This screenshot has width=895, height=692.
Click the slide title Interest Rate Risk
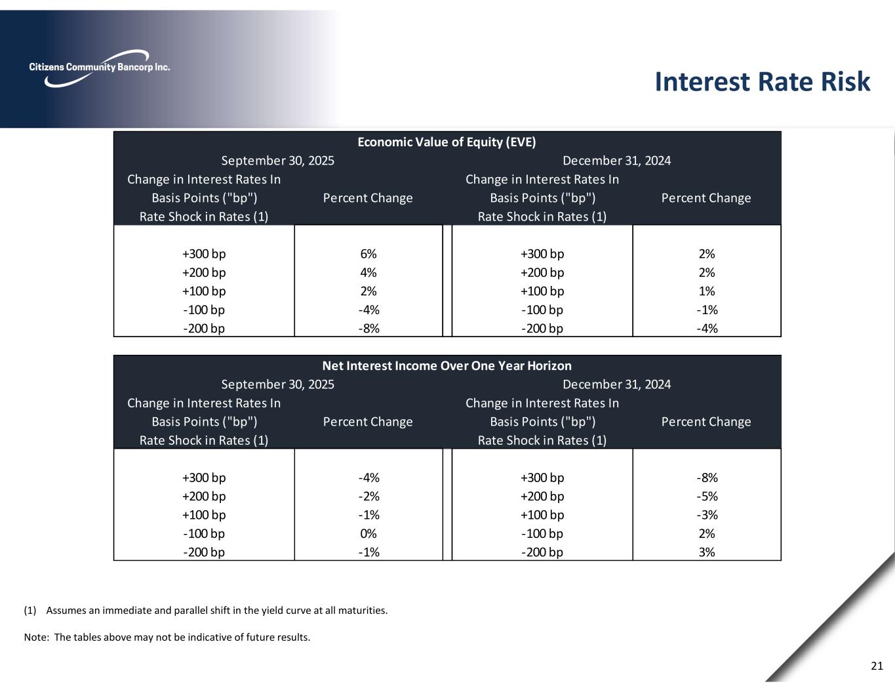(x=762, y=82)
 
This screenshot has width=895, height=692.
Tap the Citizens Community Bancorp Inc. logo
(x=100, y=68)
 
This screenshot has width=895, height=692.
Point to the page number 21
(x=877, y=666)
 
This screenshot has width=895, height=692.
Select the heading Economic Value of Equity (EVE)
(x=447, y=142)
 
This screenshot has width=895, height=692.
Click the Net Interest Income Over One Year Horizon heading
(x=447, y=365)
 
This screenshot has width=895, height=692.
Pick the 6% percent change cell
(x=368, y=254)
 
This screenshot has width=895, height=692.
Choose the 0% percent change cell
(x=368, y=533)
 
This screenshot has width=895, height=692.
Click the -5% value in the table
(x=706, y=496)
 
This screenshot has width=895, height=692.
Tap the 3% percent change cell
(x=706, y=552)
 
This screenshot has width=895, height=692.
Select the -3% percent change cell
(x=706, y=515)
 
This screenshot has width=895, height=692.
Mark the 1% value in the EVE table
(x=706, y=291)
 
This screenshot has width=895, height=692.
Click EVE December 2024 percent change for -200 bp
(x=706, y=328)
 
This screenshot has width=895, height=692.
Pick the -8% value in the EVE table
(x=368, y=328)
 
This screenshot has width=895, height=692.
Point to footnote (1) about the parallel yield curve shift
(x=205, y=611)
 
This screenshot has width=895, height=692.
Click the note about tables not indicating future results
(x=167, y=637)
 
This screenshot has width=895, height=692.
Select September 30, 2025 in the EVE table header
(x=277, y=161)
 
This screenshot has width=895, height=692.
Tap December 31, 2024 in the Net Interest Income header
(x=616, y=384)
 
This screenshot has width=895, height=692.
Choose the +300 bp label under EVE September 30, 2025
(x=204, y=254)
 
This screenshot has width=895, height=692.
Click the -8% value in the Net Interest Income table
(x=706, y=478)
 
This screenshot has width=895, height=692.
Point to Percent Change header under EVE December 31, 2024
(x=706, y=198)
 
